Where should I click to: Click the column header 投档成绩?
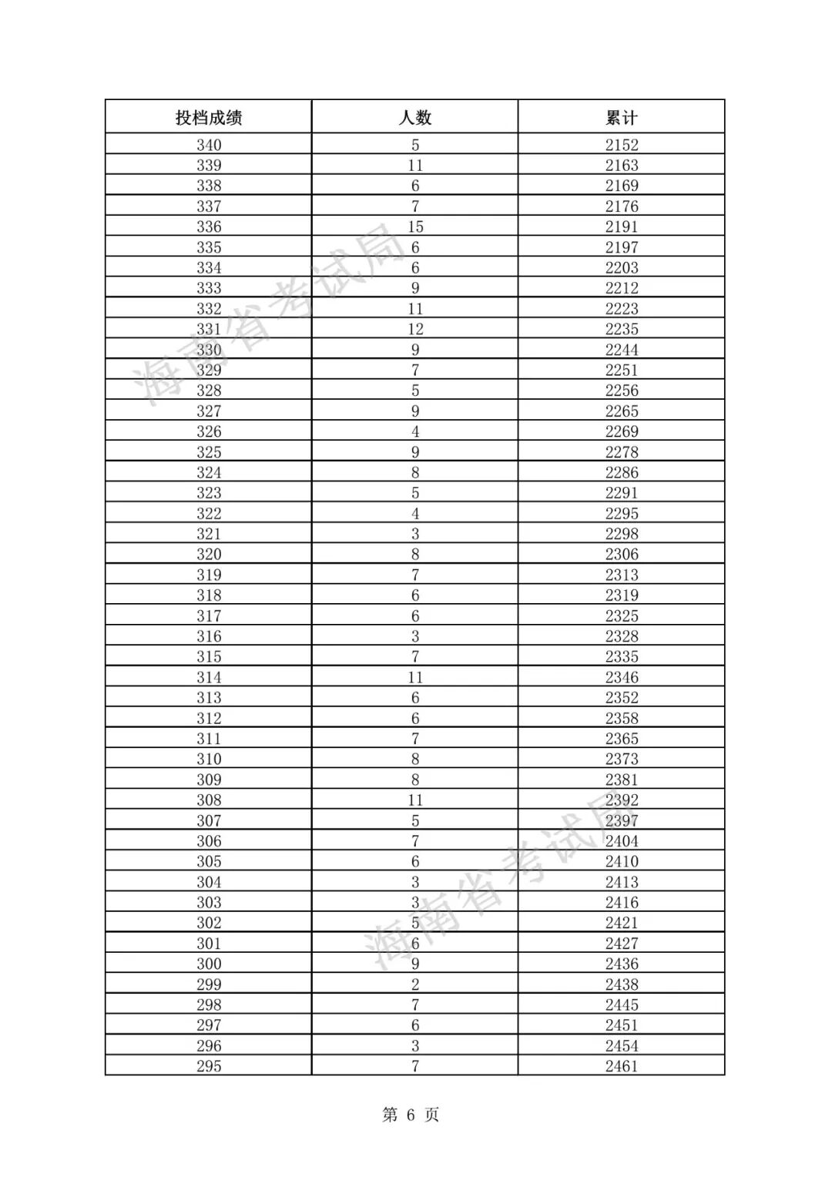point(209,118)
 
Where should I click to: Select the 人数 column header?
point(415,118)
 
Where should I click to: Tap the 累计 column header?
point(622,118)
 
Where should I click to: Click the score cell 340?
point(209,145)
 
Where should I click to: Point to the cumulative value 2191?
point(622,226)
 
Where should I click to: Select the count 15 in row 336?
point(415,226)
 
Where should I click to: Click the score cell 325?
point(209,452)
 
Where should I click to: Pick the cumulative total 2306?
point(622,555)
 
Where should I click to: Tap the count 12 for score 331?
point(415,329)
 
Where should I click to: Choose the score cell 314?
point(209,677)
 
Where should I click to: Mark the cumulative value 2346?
point(622,677)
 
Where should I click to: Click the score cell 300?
point(209,964)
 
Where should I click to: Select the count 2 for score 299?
point(415,984)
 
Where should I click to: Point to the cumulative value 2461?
point(622,1066)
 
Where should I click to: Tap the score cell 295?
point(209,1066)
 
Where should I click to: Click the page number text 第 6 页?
point(411,1115)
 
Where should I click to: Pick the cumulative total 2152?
point(622,145)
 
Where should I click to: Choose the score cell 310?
point(209,759)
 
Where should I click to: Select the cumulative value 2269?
point(622,431)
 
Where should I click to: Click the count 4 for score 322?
point(415,514)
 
